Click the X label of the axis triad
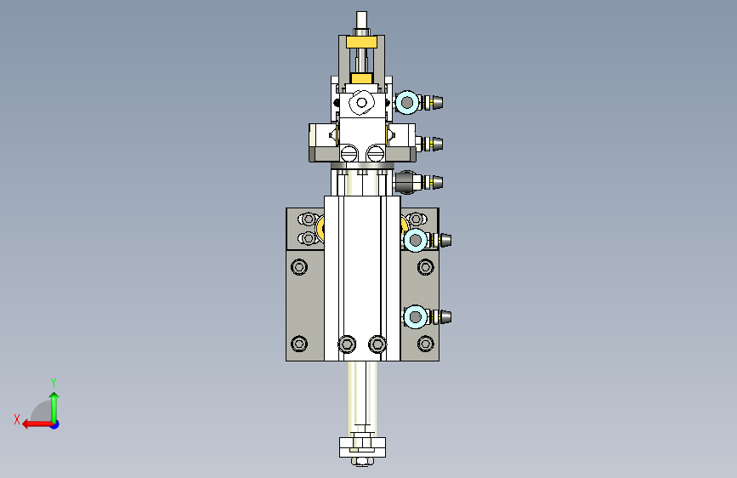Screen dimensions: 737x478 pos(17,419)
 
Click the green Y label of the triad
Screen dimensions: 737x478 pos(54,382)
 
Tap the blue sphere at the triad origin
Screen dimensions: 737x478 pos(55,424)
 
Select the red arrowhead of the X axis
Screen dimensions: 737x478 pos(27,424)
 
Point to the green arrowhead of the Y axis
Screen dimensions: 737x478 pos(54,397)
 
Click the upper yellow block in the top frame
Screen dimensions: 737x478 pos(361,43)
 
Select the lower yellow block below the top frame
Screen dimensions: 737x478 pos(361,78)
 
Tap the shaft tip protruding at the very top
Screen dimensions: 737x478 pos(361,20)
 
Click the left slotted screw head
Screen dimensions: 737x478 pos(349,153)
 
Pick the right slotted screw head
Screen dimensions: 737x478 pos(375,153)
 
